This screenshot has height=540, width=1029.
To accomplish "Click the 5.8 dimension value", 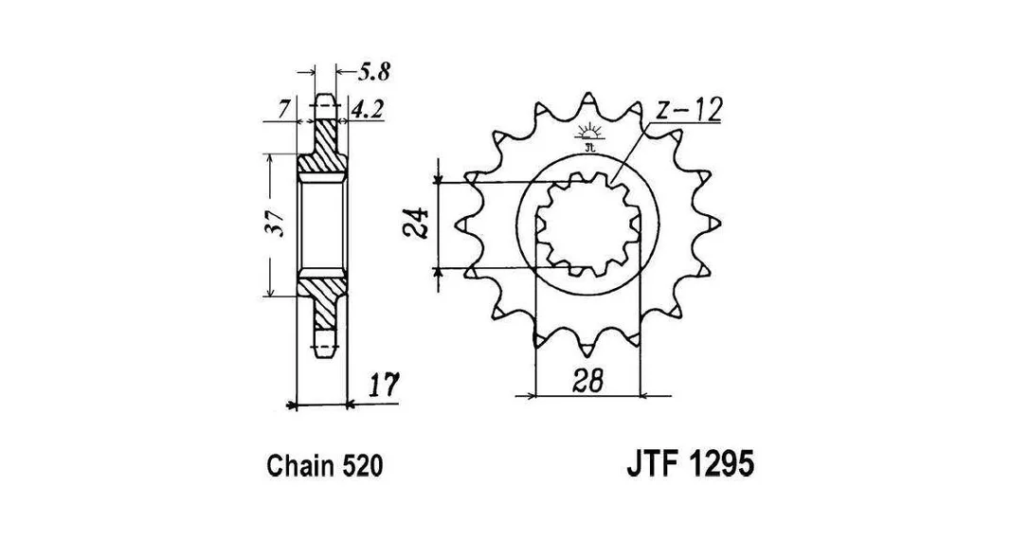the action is [x=374, y=71].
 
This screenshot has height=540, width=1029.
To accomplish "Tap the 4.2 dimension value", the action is [x=367, y=110].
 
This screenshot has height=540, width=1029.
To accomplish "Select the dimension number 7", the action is [x=283, y=110].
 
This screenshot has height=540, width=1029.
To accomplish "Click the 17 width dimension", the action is [x=383, y=386].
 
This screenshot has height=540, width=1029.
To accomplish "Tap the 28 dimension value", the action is [x=586, y=381].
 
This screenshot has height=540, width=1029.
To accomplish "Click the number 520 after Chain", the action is [x=362, y=466].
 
